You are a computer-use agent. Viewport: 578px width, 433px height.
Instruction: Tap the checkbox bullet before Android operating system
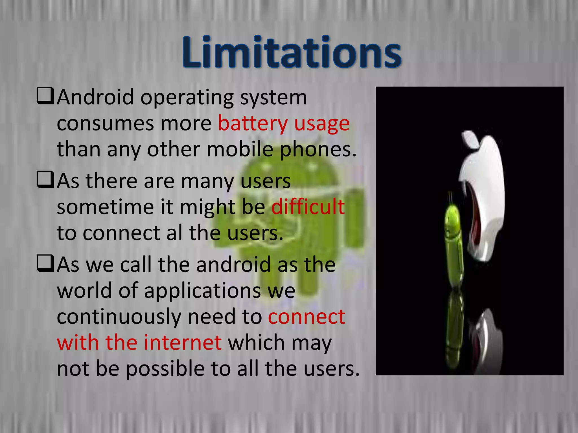(45, 96)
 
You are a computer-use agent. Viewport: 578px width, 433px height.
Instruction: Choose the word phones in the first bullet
(318, 149)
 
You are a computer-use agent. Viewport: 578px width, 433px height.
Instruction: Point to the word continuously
(119, 317)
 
